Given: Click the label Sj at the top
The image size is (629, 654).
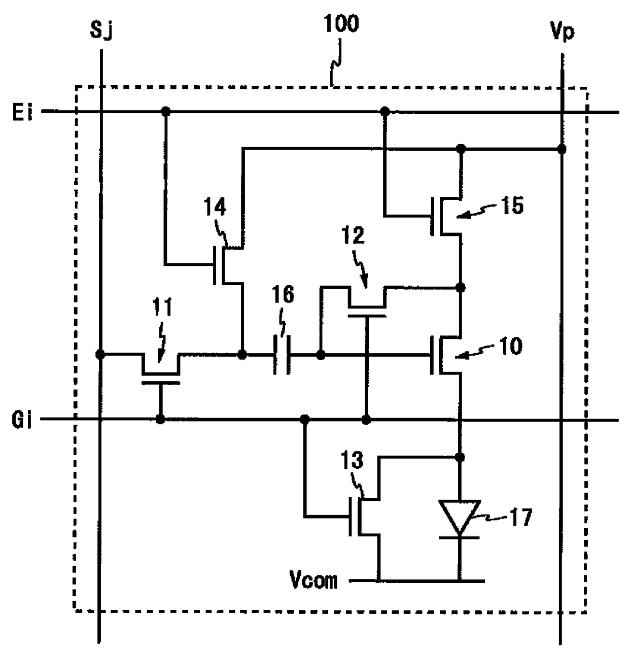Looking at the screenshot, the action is pyautogui.click(x=101, y=31).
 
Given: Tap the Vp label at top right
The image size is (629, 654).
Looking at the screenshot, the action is pyautogui.click(x=562, y=32).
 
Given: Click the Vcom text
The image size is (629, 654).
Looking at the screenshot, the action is pyautogui.click(x=314, y=580).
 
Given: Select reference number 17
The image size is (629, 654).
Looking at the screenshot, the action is pyautogui.click(x=521, y=517).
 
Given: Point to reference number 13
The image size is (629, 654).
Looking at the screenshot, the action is pyautogui.click(x=352, y=460).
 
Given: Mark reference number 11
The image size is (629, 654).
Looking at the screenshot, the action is pyautogui.click(x=162, y=307).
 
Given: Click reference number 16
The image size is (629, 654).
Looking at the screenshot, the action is pyautogui.click(x=283, y=294).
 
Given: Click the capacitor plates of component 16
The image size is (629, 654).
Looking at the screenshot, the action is pyautogui.click(x=281, y=355).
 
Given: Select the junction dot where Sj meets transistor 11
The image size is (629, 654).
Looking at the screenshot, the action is pyautogui.click(x=100, y=354).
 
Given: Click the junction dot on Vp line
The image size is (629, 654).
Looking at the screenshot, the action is pyautogui.click(x=561, y=149).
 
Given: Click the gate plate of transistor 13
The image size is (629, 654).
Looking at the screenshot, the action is pyautogui.click(x=351, y=517).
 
